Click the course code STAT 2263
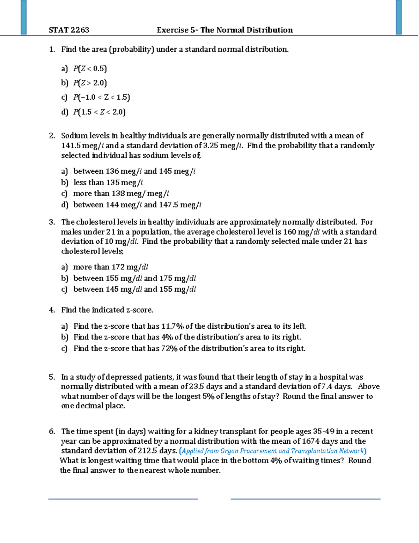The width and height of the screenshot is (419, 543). [x=69, y=30]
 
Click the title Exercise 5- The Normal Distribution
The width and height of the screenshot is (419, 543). [x=225, y=30]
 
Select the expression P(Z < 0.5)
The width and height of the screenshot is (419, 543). [x=90, y=69]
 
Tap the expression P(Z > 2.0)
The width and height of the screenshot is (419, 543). [x=90, y=83]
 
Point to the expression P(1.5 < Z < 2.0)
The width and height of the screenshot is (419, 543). [x=99, y=112]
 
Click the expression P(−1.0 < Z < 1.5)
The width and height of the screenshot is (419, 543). [x=102, y=97]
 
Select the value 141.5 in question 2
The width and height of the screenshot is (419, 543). [x=71, y=145]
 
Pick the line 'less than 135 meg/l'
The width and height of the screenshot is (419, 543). [x=108, y=183]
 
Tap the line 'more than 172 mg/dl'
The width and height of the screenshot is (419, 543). [x=111, y=267]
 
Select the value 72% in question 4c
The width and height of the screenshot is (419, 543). [x=169, y=349]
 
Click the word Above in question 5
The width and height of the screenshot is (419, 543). [x=369, y=387]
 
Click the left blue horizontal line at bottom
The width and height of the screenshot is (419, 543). [x=123, y=499]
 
